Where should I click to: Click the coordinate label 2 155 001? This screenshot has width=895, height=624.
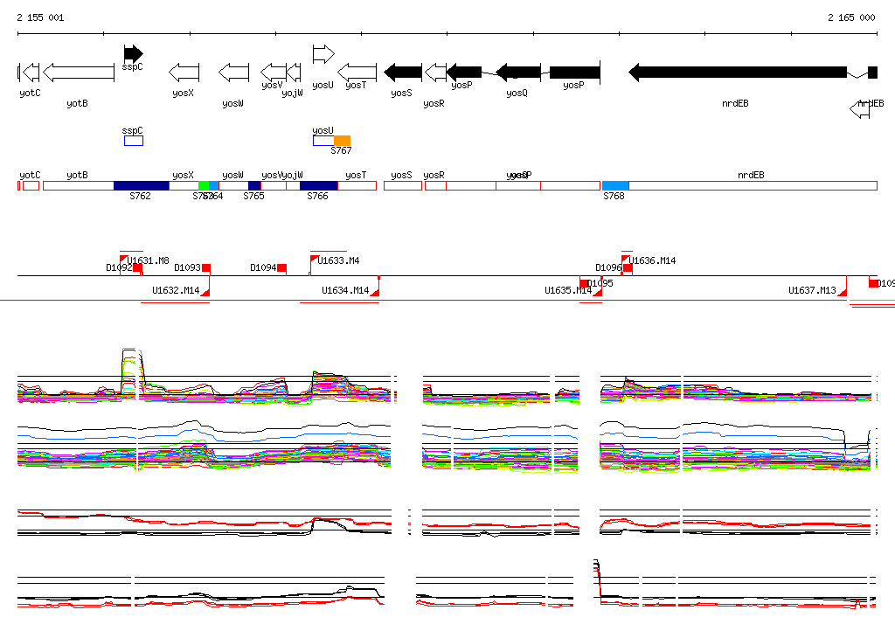[40, 17]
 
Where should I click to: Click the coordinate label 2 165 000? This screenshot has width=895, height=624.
[851, 17]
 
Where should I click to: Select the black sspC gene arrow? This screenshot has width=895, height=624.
[133, 54]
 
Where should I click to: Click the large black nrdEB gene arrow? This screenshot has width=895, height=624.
[738, 73]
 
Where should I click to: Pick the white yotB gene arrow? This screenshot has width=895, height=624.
[78, 73]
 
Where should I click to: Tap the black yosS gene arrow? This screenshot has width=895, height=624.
[403, 73]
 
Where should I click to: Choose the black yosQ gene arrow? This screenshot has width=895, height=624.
[518, 73]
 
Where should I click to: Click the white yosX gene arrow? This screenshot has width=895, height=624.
[184, 73]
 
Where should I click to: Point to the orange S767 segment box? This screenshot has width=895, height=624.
[342, 141]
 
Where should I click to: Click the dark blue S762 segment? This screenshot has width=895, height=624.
[141, 185]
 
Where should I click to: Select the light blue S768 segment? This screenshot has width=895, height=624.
[615, 185]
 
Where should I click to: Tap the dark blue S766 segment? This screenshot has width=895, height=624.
[318, 185]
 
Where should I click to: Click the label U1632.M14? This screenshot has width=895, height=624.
[176, 290]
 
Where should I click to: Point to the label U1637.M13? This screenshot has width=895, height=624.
[812, 290]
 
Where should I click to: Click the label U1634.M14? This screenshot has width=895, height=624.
[345, 290]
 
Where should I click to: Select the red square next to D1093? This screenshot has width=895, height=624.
[206, 268]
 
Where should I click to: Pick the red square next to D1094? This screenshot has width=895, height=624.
[281, 268]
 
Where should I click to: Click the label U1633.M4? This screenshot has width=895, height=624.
[339, 260]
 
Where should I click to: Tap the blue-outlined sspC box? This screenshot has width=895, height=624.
[133, 141]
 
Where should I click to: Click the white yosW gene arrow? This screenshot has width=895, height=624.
[233, 73]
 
